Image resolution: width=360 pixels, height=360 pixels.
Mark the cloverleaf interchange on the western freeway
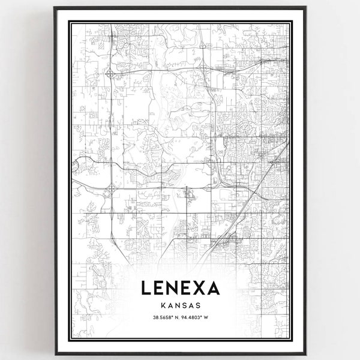pos(110,190)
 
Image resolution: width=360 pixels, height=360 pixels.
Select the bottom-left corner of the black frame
pos(55,355)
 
